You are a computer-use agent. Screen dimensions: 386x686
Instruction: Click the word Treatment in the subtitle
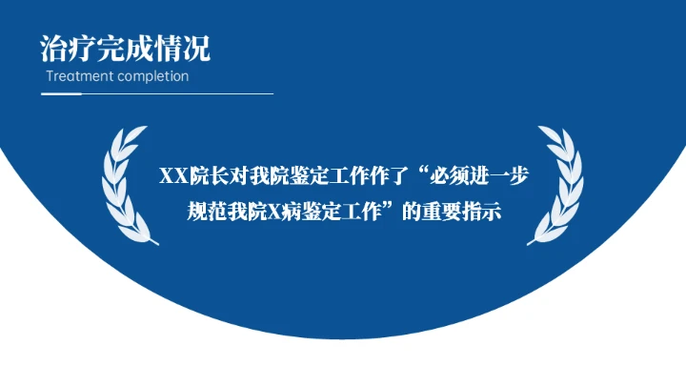(79, 76)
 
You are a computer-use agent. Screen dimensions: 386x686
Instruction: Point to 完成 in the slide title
(125, 48)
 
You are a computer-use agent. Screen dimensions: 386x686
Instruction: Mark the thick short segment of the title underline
(61, 94)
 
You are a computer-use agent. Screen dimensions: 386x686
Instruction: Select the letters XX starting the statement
(172, 177)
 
